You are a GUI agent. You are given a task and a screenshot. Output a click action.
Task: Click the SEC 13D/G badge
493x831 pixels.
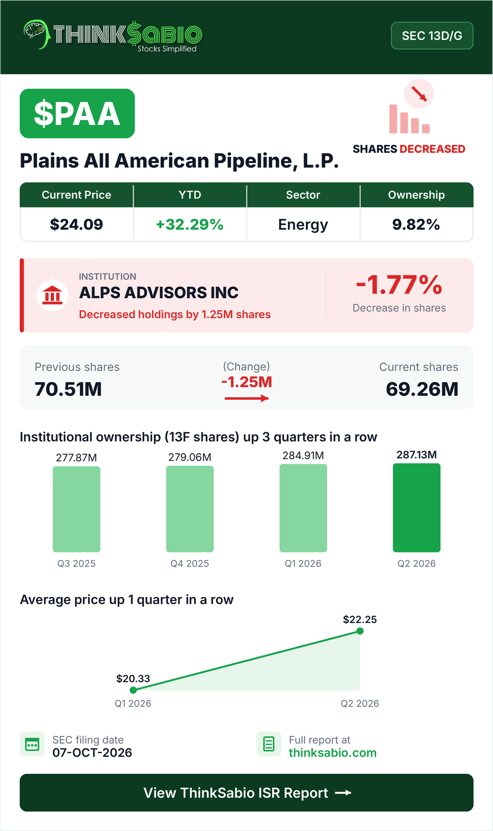click(432, 35)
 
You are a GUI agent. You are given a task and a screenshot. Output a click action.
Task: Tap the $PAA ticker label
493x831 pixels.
click(77, 113)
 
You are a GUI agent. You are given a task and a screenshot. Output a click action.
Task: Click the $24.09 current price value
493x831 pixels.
click(76, 224)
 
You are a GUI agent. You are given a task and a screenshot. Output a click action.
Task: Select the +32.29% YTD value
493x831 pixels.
click(189, 224)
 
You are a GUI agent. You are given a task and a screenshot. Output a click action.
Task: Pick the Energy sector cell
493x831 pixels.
click(303, 225)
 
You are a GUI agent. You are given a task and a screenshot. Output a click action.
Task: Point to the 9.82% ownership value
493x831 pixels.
click(416, 224)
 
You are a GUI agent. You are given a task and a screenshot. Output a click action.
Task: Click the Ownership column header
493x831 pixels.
click(416, 195)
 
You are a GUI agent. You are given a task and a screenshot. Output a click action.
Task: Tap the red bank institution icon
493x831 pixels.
click(52, 295)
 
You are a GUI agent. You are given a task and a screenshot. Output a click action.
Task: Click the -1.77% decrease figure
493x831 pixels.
click(399, 285)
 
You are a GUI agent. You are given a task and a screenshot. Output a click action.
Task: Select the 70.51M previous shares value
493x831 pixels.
click(68, 389)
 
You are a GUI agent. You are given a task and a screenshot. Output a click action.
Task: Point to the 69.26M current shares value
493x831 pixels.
click(422, 389)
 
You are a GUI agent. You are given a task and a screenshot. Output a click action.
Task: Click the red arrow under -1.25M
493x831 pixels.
click(246, 398)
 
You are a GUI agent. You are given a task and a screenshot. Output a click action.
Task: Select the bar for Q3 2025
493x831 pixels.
click(76, 509)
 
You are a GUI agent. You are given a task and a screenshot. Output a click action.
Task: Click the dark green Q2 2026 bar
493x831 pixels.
click(417, 508)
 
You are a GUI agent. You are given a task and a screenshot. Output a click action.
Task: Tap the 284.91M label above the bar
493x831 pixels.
click(303, 455)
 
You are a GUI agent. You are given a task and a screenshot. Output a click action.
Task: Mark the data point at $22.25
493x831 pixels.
click(360, 631)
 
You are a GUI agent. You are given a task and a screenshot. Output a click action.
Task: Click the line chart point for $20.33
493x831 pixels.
click(133, 690)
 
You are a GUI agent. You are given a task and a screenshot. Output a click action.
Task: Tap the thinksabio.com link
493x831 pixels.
click(333, 753)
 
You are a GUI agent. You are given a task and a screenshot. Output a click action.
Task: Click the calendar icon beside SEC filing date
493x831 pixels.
click(32, 744)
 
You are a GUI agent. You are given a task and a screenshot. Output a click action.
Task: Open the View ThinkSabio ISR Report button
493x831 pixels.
click(246, 793)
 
